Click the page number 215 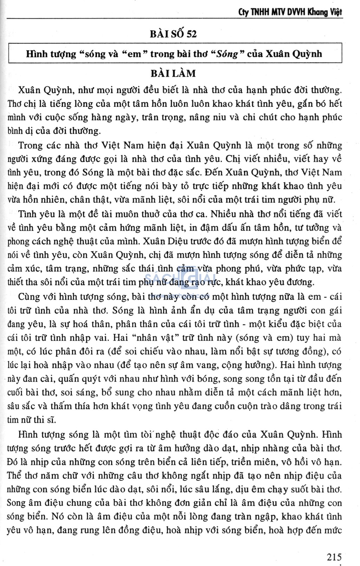(x=334, y=557)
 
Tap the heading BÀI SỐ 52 (x=173, y=34)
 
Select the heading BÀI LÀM (x=173, y=74)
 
